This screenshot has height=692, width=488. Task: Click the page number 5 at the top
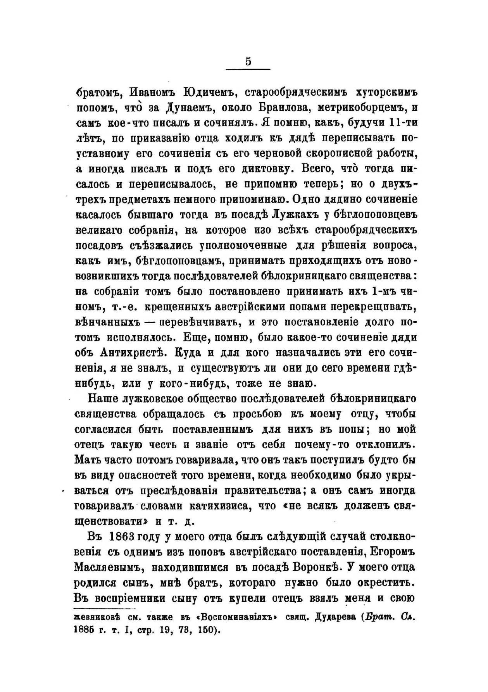(248, 61)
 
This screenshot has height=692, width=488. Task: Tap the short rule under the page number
(248, 69)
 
